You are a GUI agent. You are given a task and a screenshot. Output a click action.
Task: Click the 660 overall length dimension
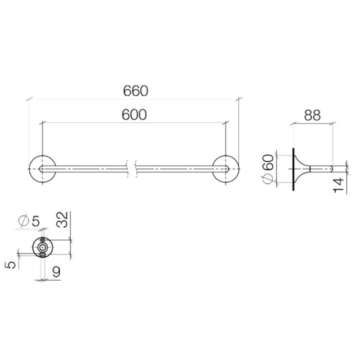(135, 91)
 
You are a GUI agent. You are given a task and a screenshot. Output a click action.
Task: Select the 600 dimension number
(134, 115)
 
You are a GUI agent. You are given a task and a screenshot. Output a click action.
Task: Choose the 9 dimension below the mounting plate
(56, 271)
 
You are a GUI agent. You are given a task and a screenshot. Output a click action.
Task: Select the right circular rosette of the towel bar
(226, 170)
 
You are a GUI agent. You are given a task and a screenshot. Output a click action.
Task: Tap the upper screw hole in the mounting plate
(43, 241)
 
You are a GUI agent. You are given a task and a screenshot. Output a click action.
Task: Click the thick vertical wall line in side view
(292, 170)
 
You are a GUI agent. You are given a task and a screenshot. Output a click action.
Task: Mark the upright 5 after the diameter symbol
(36, 221)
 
